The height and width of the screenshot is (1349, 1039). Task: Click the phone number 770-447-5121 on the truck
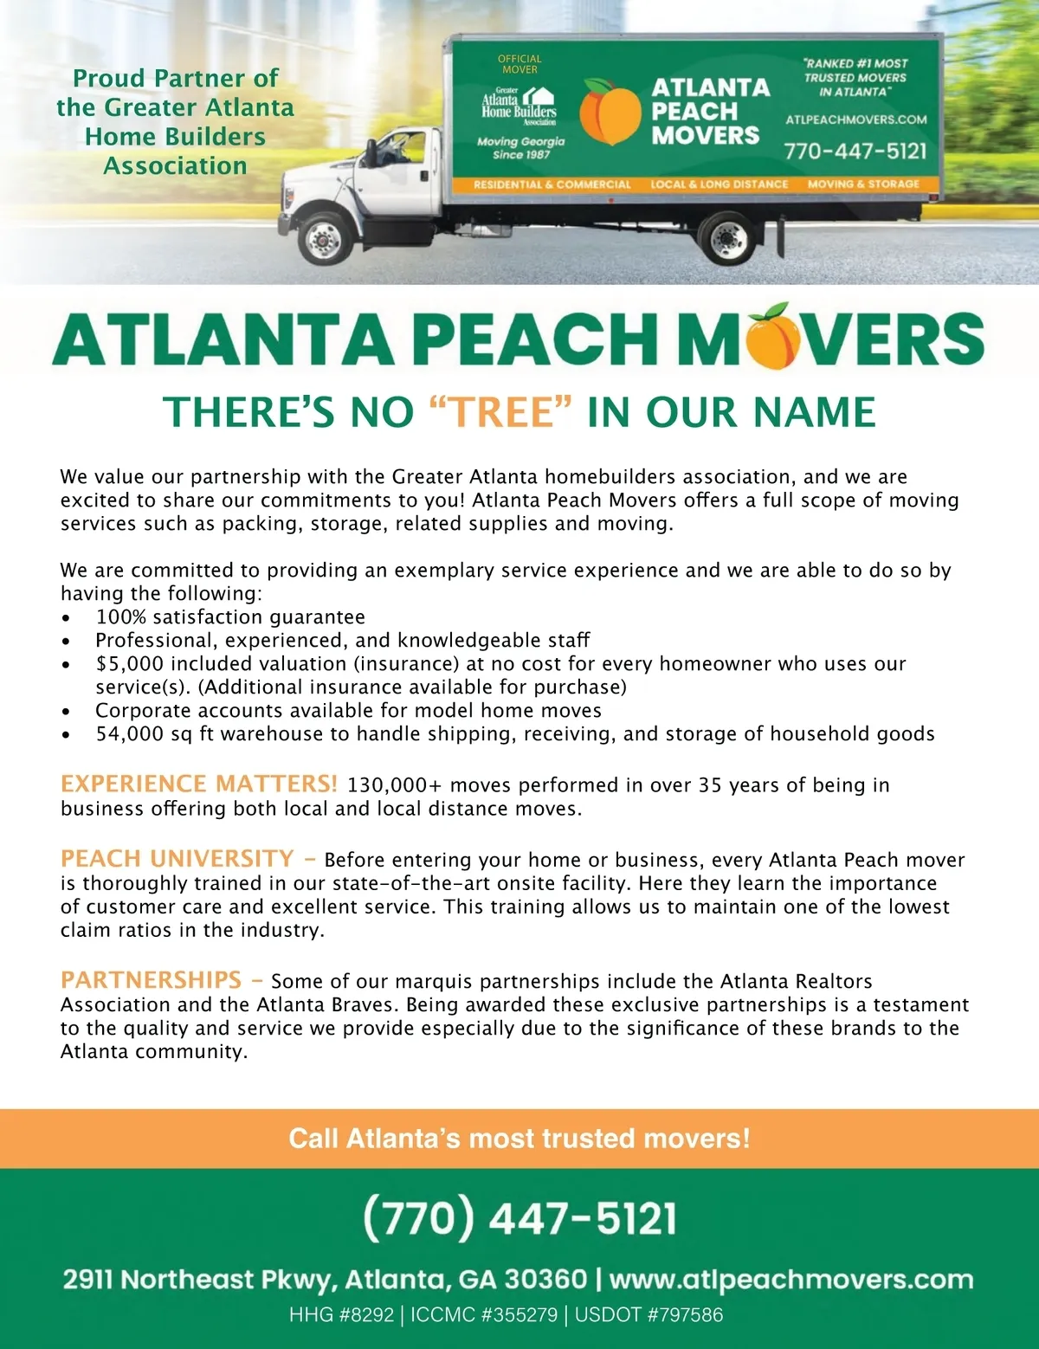coord(855,151)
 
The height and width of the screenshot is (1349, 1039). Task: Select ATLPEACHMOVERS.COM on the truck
coord(855,119)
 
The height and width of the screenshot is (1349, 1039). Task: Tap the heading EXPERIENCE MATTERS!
coord(198,784)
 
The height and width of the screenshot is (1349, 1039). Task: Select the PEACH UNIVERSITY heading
coord(177,858)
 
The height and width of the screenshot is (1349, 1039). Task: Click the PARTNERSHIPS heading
coord(152,979)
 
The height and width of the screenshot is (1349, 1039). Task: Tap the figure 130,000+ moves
coord(395,785)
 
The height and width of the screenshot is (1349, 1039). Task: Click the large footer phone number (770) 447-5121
coord(519,1217)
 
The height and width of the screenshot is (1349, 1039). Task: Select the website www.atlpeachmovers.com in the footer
coord(791,1280)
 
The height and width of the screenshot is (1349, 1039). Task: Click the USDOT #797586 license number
coord(649,1314)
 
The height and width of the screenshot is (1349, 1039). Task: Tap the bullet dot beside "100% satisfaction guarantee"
coord(67,618)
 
